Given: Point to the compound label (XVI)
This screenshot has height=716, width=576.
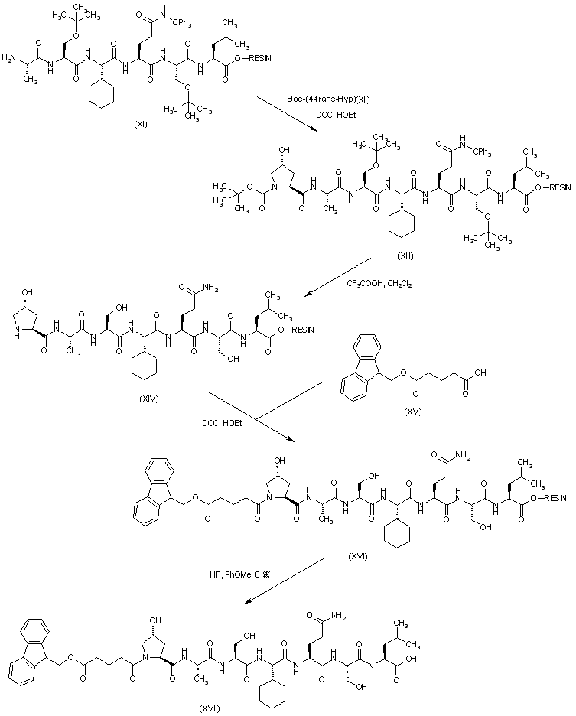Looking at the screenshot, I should (356, 555).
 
